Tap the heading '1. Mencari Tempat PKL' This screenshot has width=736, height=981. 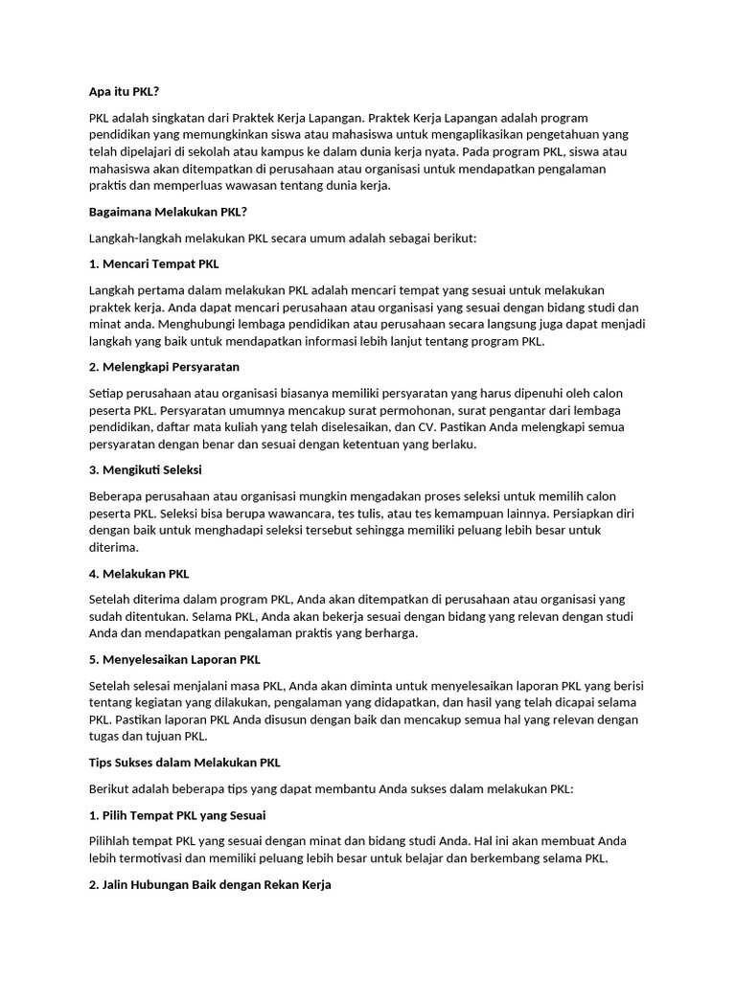point(153,263)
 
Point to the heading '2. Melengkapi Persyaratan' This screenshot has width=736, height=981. point(164,367)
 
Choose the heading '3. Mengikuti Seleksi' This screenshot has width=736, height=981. point(145,470)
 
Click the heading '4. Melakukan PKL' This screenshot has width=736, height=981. point(139,574)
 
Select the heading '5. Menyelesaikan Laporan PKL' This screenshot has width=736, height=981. point(174,660)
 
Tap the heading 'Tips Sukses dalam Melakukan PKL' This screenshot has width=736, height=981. point(185,764)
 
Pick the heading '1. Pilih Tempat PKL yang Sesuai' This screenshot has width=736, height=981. point(177,815)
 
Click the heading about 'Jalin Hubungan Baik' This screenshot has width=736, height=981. point(210,885)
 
